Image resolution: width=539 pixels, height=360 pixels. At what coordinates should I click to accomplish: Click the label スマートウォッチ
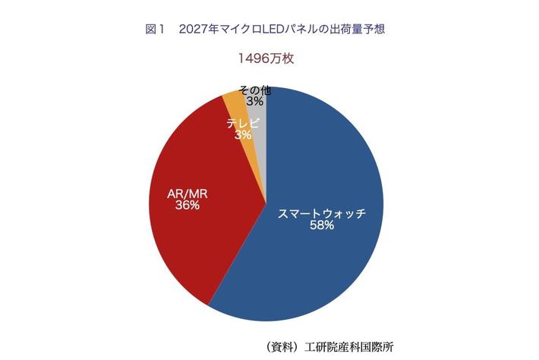pos(321,213)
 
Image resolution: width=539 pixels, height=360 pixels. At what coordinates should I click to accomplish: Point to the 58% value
pos(321,226)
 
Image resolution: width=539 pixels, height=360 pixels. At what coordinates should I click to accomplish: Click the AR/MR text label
pos(188,194)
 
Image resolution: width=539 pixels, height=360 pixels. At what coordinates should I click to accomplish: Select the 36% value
pos(188,206)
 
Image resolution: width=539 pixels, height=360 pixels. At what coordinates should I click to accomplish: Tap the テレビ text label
pos(243,122)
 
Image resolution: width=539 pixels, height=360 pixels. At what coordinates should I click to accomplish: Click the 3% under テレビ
pos(243,134)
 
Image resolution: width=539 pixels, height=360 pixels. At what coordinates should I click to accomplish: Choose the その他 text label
pos(254,90)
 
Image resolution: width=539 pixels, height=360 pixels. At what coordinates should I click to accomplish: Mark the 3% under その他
pos(254,101)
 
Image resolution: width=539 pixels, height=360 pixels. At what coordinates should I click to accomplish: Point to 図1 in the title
pos(155,30)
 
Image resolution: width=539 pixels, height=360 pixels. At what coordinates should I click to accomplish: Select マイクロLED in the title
pos(254,30)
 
